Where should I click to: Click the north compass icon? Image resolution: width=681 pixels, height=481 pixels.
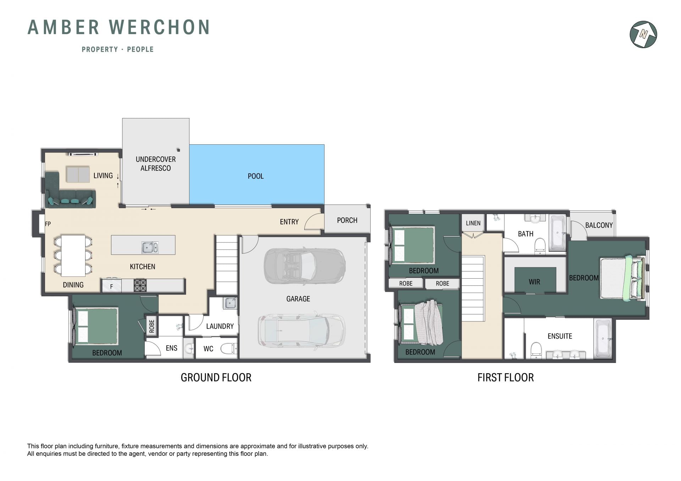click(x=643, y=34)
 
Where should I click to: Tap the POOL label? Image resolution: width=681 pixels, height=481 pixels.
click(x=255, y=176)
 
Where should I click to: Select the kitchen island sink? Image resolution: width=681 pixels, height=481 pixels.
click(x=150, y=247)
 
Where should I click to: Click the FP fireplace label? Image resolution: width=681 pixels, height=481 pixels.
click(x=48, y=224)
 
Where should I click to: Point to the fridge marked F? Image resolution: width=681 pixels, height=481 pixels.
click(x=111, y=286)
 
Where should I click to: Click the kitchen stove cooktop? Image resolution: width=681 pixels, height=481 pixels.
click(x=140, y=285)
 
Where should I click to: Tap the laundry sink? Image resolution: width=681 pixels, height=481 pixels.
click(x=230, y=303)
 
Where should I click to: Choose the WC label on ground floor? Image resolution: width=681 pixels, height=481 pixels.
click(x=208, y=349)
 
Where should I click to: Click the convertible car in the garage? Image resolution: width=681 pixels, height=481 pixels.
click(x=305, y=266)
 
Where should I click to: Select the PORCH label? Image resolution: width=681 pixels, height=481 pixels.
click(x=347, y=220)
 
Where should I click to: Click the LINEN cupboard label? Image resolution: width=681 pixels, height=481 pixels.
click(x=473, y=223)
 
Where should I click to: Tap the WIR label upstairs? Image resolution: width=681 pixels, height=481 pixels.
click(x=534, y=282)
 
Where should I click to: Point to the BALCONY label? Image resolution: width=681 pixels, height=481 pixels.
click(x=599, y=225)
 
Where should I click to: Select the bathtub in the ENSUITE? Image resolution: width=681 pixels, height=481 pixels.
click(x=603, y=339)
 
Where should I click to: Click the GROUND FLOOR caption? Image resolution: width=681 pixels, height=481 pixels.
click(x=216, y=377)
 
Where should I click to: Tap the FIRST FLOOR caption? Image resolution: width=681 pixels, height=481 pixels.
click(x=505, y=377)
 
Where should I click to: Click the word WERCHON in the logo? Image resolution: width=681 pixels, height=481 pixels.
click(x=159, y=27)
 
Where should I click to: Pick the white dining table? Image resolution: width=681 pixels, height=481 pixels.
click(x=73, y=256)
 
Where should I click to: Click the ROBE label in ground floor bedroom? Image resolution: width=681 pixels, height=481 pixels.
click(x=151, y=326)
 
